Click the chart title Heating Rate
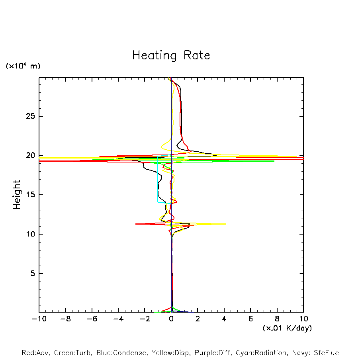pos(171,55)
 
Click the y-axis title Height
pos(17,195)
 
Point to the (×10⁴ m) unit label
pos(23,66)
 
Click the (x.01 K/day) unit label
pos(287,328)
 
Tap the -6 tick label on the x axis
pos(92,319)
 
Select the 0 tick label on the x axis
pos(171,319)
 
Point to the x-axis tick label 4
pos(224,319)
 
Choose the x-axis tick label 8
pos(277,319)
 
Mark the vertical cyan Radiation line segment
pos(158,179)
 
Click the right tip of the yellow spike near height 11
pos(226,224)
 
